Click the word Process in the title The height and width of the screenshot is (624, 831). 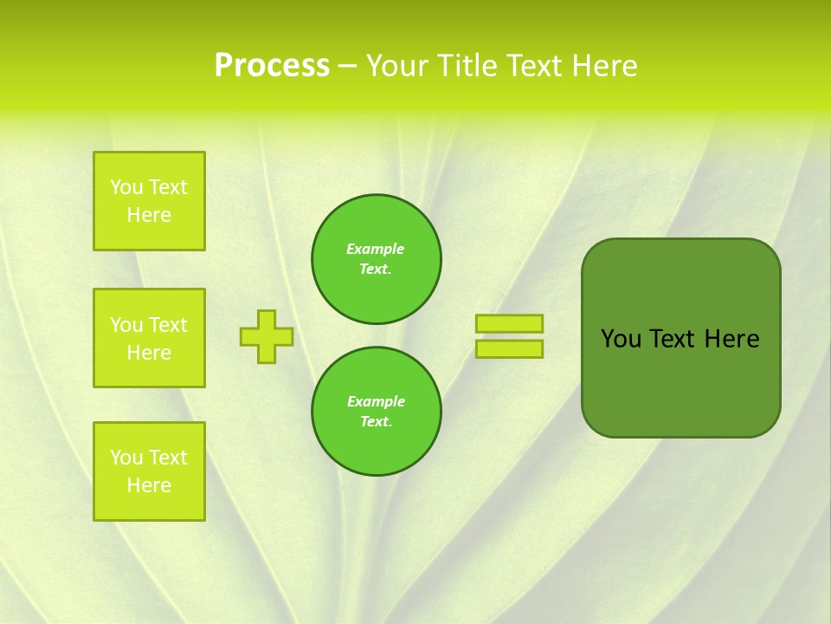[272, 66]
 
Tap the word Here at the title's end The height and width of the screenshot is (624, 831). [602, 66]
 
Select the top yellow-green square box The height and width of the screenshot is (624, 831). [149, 201]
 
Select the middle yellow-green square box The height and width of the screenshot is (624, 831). [149, 338]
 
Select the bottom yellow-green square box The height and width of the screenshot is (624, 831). [149, 471]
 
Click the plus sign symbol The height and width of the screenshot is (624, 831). [267, 336]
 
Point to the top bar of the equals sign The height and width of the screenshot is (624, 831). [509, 323]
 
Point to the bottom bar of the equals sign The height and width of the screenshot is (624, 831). [509, 348]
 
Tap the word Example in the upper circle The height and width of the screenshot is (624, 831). [376, 250]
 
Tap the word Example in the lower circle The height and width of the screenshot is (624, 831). [376, 402]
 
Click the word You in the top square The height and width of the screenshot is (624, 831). [126, 187]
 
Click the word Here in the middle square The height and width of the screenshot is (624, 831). [149, 353]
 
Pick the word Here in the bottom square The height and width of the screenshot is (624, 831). [149, 485]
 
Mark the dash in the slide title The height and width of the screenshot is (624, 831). [348, 66]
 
